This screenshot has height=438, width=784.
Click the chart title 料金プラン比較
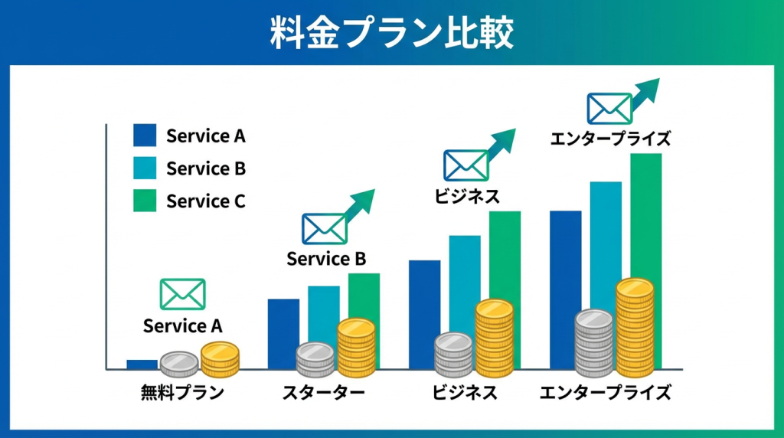click(391, 32)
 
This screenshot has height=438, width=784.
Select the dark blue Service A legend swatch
click(145, 135)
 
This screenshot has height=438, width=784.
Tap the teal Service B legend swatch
click(145, 168)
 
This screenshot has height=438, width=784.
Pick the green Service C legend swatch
click(145, 201)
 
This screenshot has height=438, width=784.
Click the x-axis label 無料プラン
click(182, 393)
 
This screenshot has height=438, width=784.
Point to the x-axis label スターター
click(324, 393)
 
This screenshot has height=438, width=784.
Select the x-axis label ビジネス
click(465, 393)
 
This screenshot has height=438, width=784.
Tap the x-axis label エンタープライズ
click(605, 393)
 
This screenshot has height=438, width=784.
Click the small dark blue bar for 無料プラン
click(142, 364)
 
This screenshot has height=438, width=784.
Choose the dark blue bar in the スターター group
click(283, 334)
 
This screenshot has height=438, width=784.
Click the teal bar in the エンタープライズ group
click(606, 245)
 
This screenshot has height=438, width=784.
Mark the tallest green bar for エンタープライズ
click(646, 215)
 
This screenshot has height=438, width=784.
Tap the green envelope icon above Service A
click(182, 295)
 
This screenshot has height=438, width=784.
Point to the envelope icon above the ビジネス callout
click(466, 165)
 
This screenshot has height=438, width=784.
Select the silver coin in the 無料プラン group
click(179, 364)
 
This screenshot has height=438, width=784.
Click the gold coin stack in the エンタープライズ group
click(635, 328)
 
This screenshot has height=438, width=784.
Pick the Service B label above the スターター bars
click(326, 259)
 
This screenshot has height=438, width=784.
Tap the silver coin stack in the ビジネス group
click(453, 355)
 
